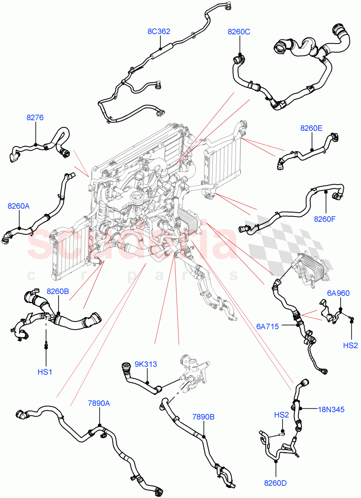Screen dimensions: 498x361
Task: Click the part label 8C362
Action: tap(159, 32)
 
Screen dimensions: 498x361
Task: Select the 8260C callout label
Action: tap(238, 32)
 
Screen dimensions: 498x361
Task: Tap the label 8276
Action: tap(35, 117)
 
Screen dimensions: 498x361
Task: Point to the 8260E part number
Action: tap(311, 129)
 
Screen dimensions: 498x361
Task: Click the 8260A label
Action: tap(19, 206)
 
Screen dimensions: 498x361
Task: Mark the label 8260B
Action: tap(58, 291)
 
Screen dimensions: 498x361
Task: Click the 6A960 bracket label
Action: tap(338, 293)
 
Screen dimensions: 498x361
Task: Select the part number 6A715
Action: tap(268, 327)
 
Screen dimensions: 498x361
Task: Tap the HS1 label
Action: tap(45, 372)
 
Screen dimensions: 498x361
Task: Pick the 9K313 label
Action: tap(145, 364)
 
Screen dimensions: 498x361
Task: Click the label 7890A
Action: tap(99, 403)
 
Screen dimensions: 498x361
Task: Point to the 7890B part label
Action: tap(203, 416)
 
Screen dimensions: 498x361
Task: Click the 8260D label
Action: tap(275, 483)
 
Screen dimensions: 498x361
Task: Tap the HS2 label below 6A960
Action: tap(351, 345)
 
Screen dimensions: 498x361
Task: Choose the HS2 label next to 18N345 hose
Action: tap(281, 415)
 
